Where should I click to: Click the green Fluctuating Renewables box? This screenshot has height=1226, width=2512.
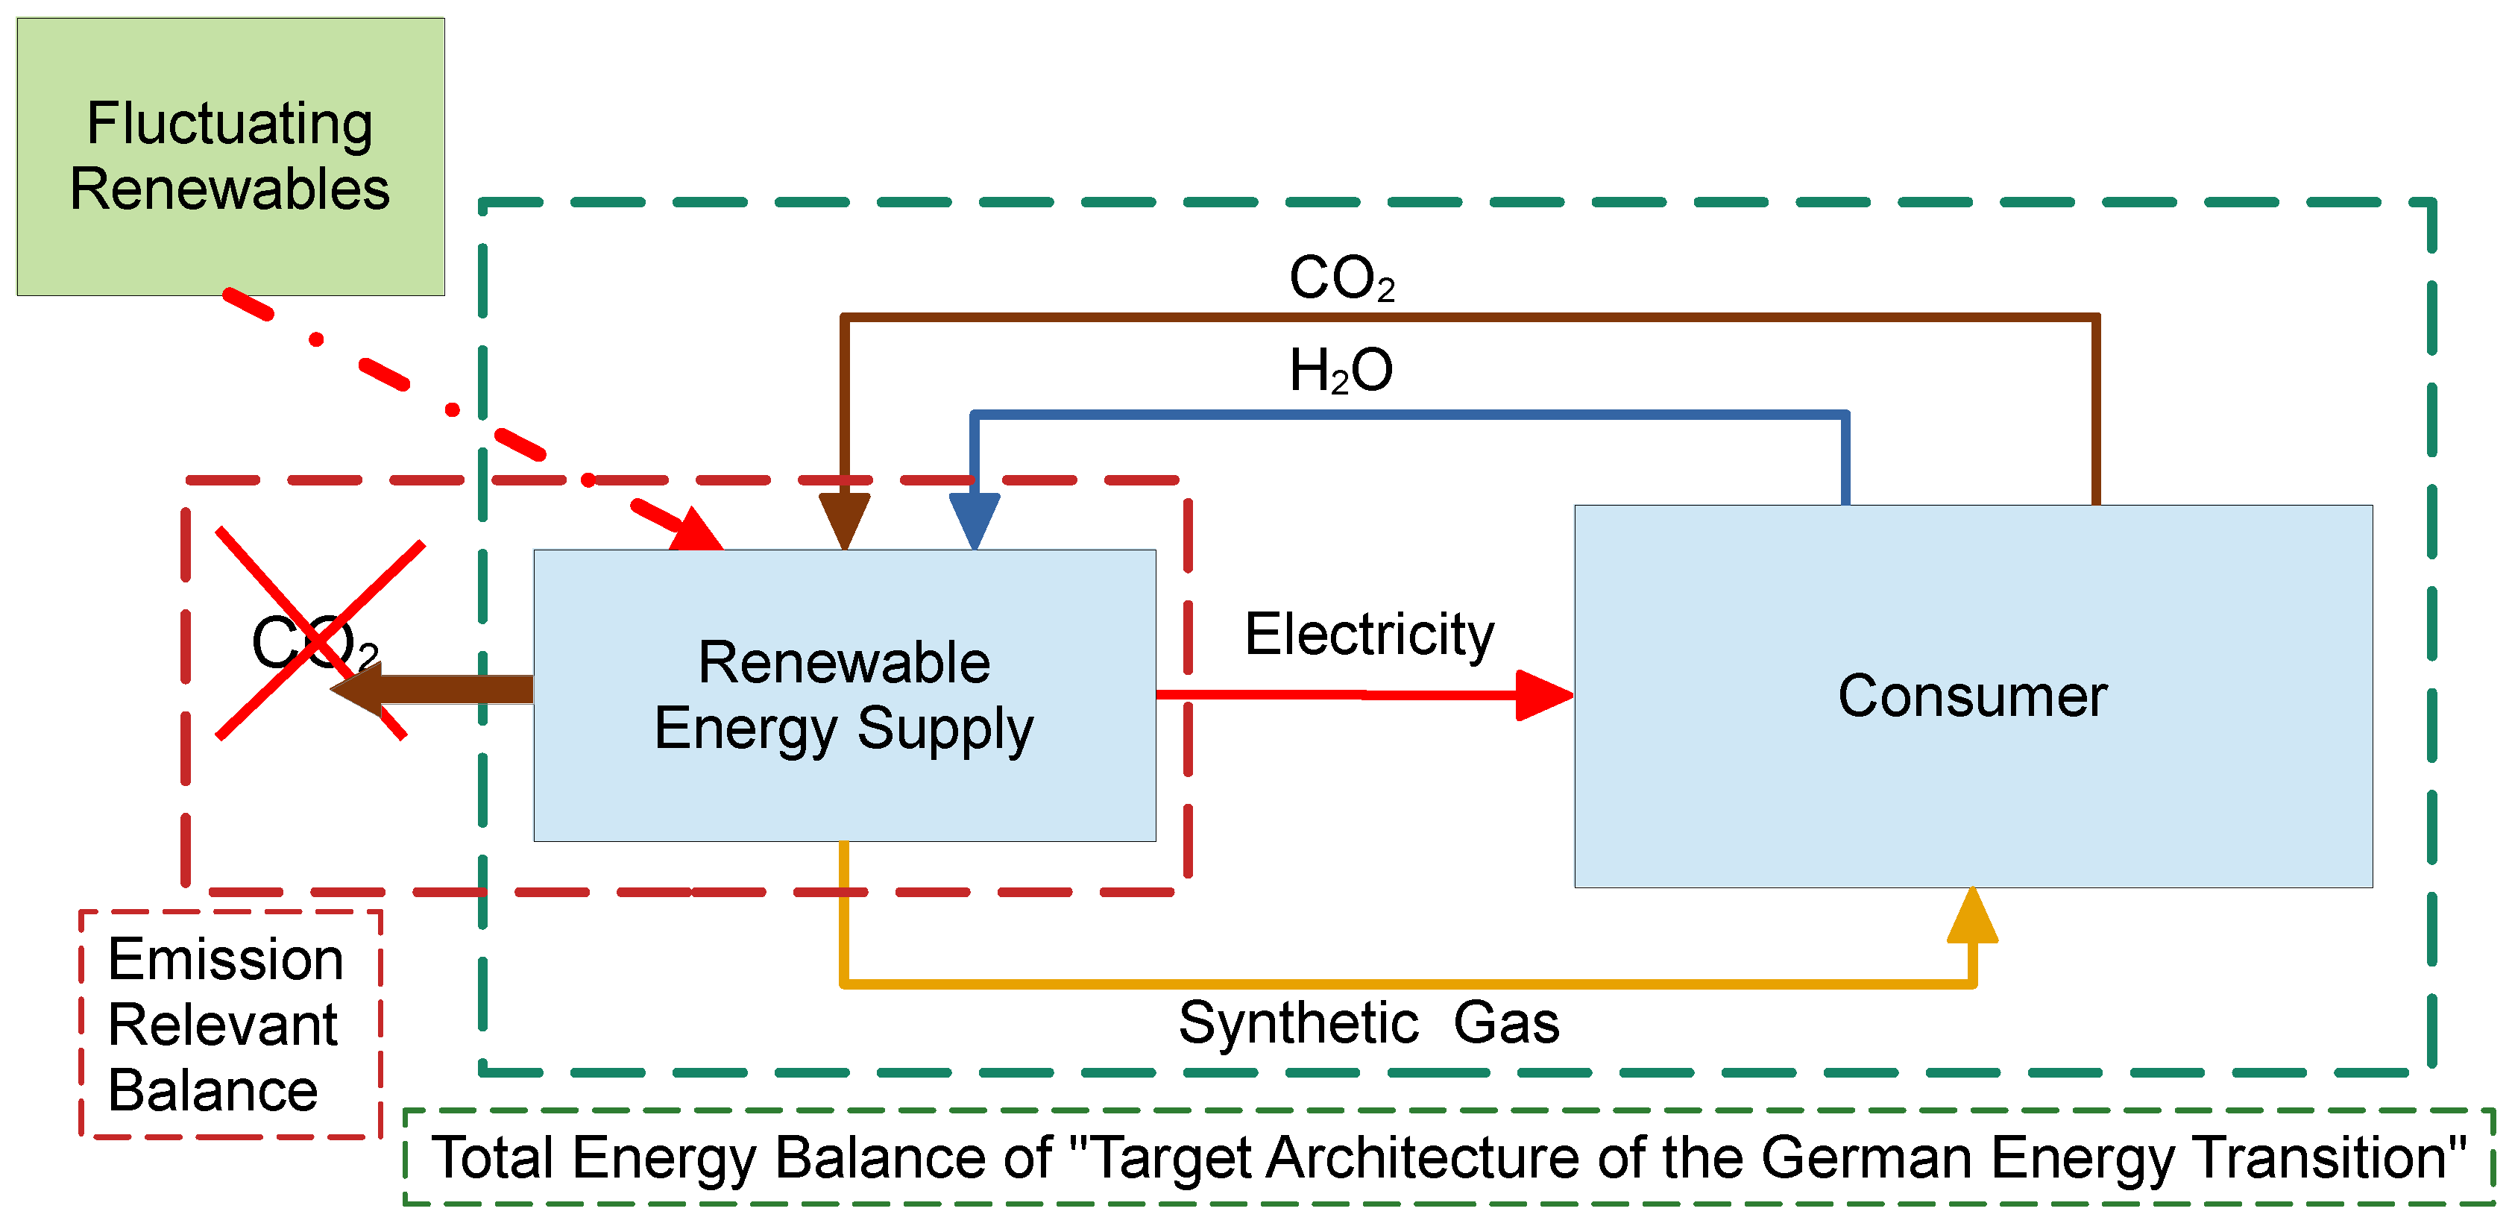click(x=231, y=156)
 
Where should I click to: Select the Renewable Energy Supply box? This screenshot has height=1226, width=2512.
click(x=845, y=696)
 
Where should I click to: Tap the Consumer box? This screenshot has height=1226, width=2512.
click(x=1974, y=697)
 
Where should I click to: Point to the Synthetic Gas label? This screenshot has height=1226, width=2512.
click(x=1369, y=1024)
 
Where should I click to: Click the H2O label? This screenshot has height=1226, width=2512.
click(x=1341, y=371)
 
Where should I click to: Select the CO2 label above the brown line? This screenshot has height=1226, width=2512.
click(x=1342, y=278)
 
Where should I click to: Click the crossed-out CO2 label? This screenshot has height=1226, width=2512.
click(x=315, y=644)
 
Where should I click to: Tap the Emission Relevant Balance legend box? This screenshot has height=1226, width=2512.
click(x=230, y=1024)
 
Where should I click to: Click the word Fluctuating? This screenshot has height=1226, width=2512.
click(x=230, y=125)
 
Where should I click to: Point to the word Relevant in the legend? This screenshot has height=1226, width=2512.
click(x=222, y=1025)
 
